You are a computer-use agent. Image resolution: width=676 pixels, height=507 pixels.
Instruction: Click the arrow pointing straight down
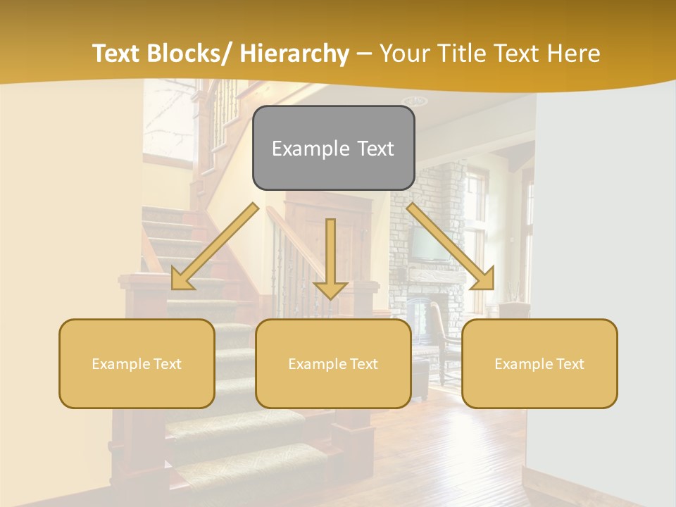[x=330, y=261]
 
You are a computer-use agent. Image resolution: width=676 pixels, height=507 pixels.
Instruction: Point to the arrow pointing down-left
[x=211, y=250]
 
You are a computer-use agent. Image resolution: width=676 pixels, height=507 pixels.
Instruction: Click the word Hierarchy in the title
[x=294, y=54]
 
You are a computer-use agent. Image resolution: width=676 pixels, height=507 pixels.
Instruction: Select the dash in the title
[x=364, y=54]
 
